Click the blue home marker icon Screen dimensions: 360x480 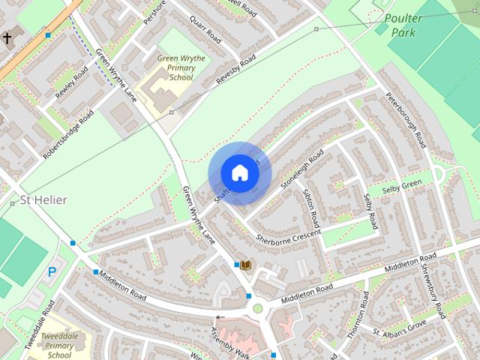coord(240,172)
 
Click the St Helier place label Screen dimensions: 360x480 coord(44,200)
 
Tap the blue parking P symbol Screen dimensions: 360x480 coord(52,272)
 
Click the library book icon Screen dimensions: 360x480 coord(244,265)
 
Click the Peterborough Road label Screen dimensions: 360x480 coord(406,120)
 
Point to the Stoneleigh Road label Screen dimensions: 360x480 coord(301,168)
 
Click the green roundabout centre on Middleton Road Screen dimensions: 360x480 coord(258,308)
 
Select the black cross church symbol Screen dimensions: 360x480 coord(7,37)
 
